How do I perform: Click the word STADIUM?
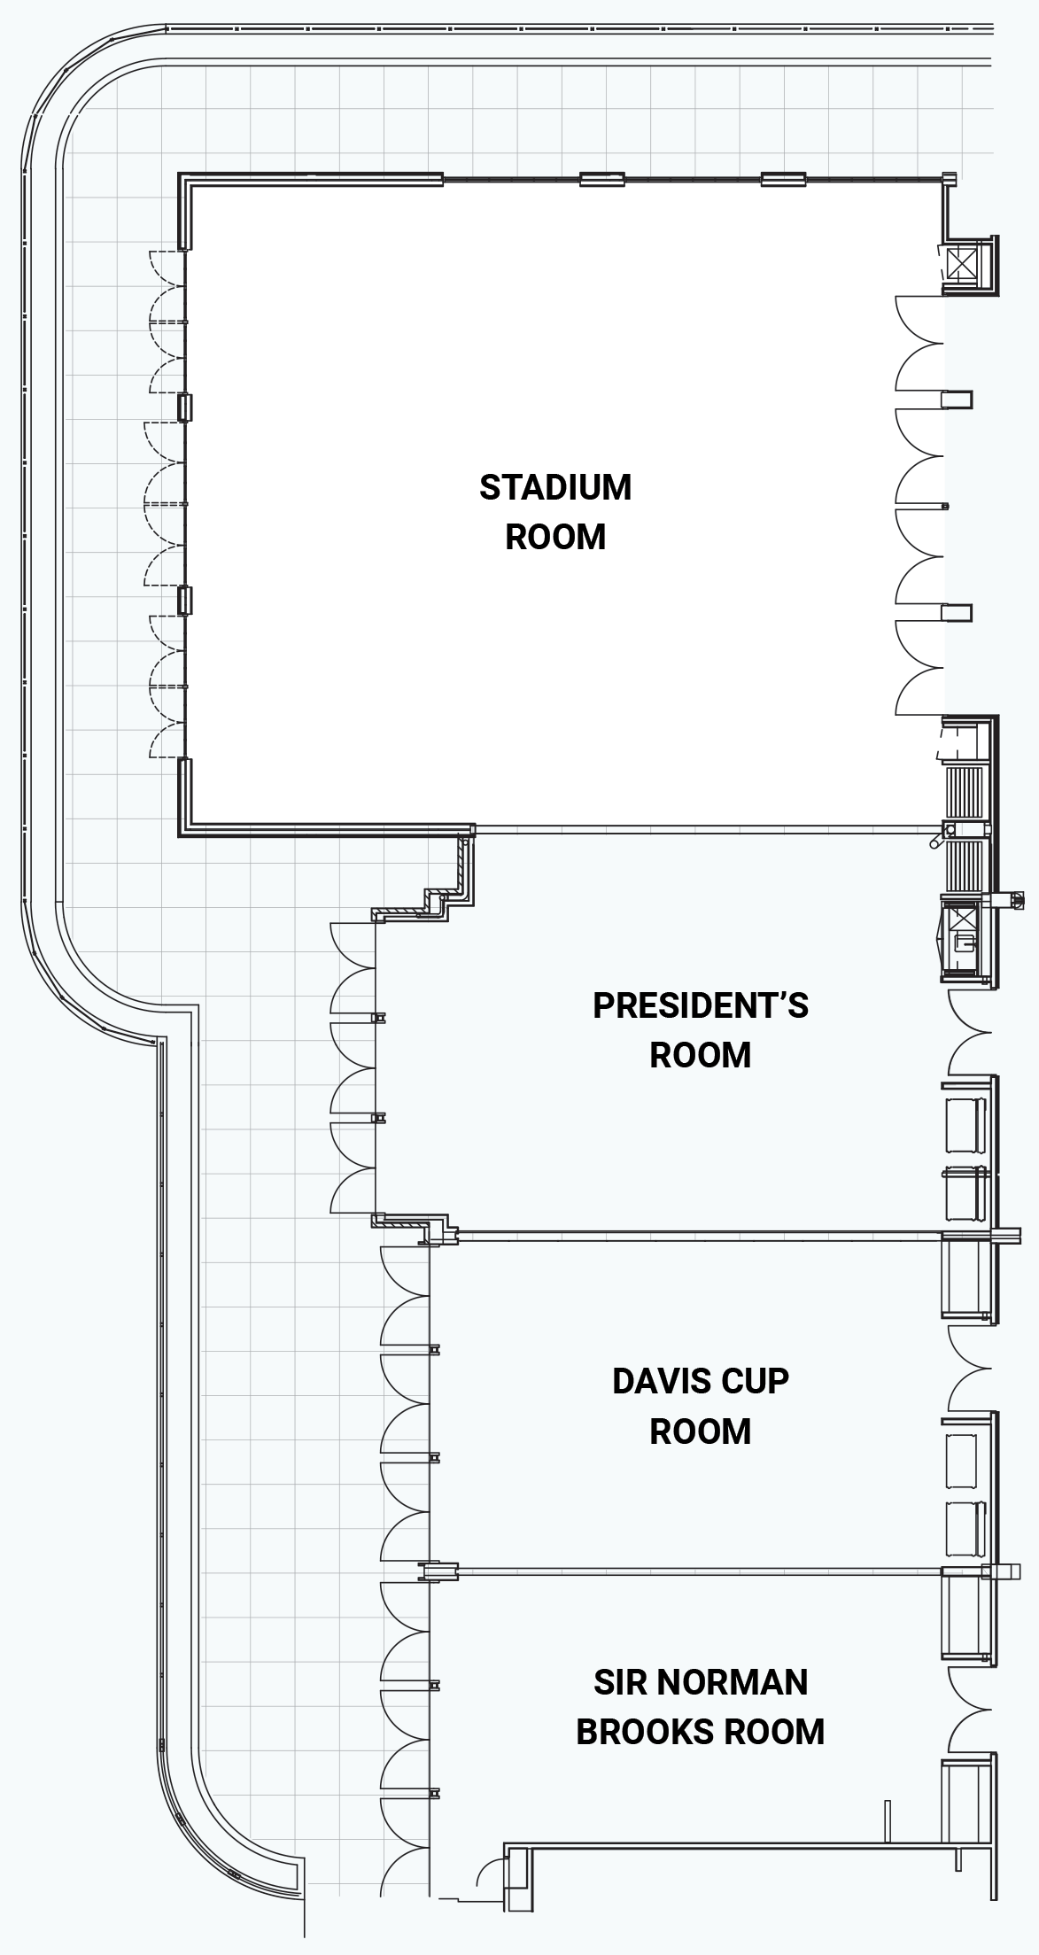555,487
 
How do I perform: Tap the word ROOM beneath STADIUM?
555,537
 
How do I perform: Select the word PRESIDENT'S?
700,1005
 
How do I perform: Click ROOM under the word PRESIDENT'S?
700,1055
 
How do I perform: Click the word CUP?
756,1381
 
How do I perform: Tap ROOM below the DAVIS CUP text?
700,1431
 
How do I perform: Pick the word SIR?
614,1682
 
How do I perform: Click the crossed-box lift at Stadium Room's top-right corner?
963,263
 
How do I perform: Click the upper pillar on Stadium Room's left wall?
184,407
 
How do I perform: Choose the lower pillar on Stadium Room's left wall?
184,600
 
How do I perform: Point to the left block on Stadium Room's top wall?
602,179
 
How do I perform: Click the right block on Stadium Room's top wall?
783,179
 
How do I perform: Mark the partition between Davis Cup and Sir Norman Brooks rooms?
700,1571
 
